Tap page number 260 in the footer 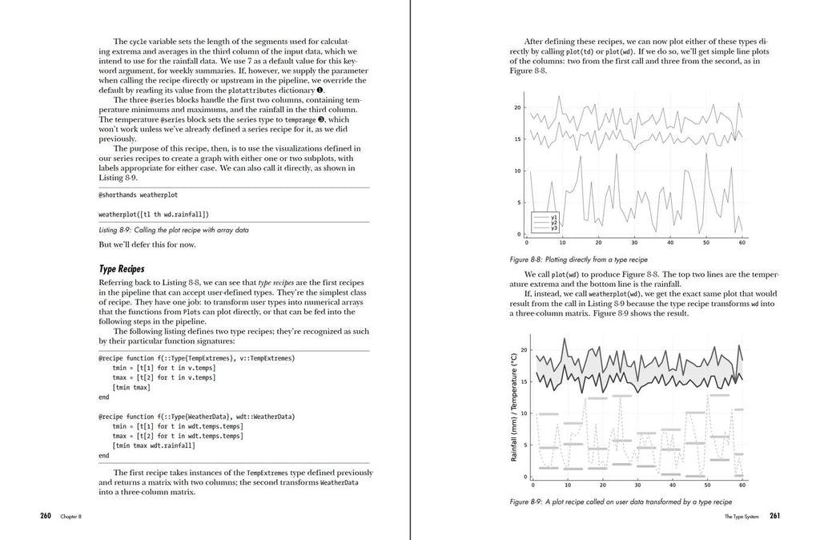pos(46,516)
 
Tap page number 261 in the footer pos(774,516)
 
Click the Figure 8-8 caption pos(578,260)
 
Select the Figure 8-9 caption pos(620,502)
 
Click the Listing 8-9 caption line pos(173,230)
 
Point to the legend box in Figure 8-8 pos(545,222)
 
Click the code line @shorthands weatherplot pos(132,195)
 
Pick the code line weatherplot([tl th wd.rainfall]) pos(154,215)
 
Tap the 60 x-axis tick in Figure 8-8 pos(742,242)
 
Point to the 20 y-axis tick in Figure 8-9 pos(523,350)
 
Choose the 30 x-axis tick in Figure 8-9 pos(638,485)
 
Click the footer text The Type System pos(742,517)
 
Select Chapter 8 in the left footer pos(70,517)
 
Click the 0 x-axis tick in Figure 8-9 pos(533,485)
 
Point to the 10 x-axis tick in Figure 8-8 pos(562,242)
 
